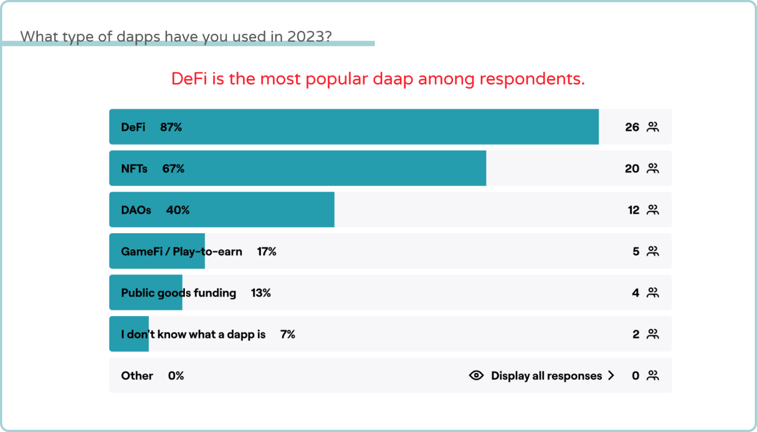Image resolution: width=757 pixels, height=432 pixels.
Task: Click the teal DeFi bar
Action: tap(384, 127)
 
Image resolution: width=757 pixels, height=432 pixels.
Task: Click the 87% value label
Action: tap(171, 127)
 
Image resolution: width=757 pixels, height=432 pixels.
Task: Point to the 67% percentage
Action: tap(173, 169)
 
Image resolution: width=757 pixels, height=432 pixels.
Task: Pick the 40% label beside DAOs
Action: tap(178, 210)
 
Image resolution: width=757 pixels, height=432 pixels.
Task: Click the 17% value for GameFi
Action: tap(267, 252)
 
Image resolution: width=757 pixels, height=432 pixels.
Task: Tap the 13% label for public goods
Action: tap(261, 293)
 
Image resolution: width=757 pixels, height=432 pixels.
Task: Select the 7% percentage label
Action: tap(287, 334)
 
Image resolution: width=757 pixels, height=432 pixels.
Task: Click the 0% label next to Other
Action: tap(176, 376)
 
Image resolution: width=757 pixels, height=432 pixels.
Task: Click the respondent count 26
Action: tap(632, 127)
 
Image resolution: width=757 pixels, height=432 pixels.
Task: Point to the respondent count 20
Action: tap(632, 169)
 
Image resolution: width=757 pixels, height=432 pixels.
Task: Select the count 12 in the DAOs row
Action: tap(634, 210)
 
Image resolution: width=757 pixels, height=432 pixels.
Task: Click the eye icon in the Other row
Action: tap(476, 375)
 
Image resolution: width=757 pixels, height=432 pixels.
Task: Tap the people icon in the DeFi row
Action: tap(652, 127)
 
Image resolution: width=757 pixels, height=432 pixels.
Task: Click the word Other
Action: tap(137, 376)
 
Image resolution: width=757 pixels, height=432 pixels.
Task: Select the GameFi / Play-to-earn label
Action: tap(182, 252)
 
